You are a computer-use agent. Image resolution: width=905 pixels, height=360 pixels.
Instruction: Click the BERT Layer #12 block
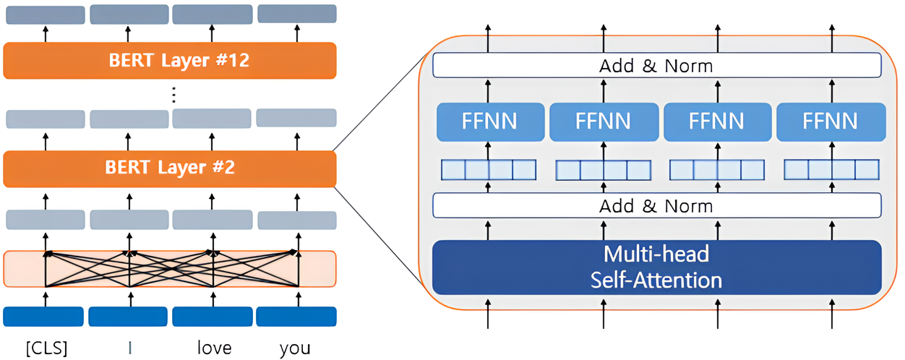pos(170,60)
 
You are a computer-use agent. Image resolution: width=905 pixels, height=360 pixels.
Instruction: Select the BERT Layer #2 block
pos(170,168)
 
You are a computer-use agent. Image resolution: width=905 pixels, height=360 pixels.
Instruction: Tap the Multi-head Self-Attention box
pos(656,267)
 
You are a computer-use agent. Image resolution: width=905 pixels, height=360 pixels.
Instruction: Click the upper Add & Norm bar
pos(656,66)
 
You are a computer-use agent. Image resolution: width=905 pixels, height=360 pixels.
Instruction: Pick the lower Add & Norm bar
pos(656,206)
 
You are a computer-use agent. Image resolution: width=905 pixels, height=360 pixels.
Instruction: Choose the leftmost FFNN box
pos(490,121)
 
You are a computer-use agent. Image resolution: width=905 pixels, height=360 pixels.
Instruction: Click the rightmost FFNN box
pos(831,121)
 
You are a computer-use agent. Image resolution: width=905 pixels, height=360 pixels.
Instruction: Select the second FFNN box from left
pos(604,121)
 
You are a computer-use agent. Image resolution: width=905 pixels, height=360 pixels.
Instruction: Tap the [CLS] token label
pos(46,348)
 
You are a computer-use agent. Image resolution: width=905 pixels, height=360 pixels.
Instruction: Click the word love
pos(214,348)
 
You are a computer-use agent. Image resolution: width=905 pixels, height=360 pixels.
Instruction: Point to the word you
pos(295,348)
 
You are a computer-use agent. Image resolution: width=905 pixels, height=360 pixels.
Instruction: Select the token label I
pos(129,348)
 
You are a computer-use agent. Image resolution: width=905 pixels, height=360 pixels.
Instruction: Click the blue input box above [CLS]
pos(43,317)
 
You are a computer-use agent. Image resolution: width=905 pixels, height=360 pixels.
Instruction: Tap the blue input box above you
pos(296,317)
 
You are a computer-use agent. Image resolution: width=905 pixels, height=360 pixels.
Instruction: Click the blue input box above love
pos(213,317)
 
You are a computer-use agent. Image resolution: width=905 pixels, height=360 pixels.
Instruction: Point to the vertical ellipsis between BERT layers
pos(173,95)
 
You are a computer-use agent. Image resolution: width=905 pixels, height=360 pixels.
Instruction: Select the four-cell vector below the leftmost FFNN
pos(489,170)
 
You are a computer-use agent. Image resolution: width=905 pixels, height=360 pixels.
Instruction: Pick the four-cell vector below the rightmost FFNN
pos(831,170)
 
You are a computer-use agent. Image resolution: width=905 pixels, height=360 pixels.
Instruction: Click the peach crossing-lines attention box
pos(170,269)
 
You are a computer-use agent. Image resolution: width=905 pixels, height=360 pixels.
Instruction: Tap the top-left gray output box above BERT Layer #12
pos(45,14)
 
